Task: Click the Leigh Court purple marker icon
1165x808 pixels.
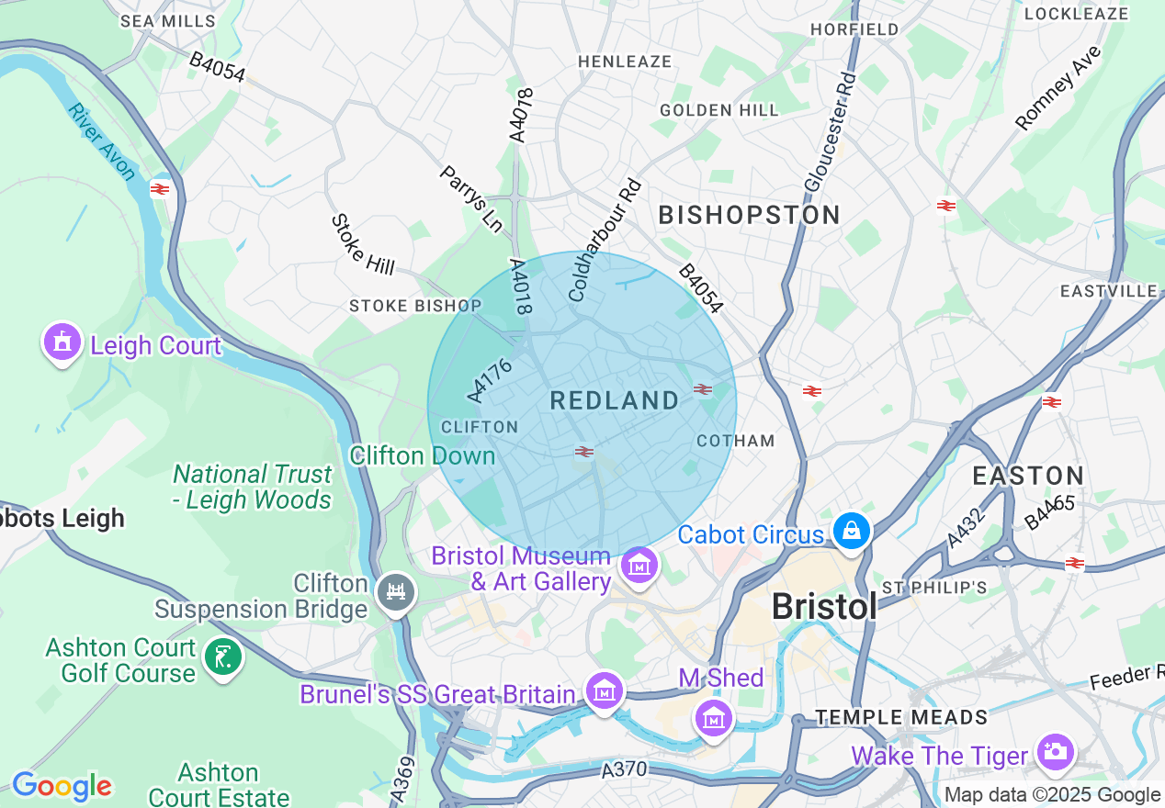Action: [x=62, y=342]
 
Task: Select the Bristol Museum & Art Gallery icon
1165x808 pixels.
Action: [x=638, y=566]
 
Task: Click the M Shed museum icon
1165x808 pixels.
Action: [x=714, y=717]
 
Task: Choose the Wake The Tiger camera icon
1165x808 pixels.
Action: [x=1055, y=752]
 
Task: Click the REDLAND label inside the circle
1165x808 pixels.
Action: [x=615, y=400]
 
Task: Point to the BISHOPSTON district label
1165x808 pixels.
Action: [x=750, y=215]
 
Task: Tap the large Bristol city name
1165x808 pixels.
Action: [x=824, y=606]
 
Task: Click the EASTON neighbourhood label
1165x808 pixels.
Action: [x=1028, y=476]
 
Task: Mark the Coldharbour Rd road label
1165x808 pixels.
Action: [x=605, y=241]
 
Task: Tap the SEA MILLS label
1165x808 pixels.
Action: [x=168, y=20]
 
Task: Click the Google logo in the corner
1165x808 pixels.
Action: [x=62, y=786]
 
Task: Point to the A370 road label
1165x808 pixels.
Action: [x=625, y=769]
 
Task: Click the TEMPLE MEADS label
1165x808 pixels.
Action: [x=901, y=717]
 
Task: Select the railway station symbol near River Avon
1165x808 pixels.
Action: [x=160, y=189]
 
